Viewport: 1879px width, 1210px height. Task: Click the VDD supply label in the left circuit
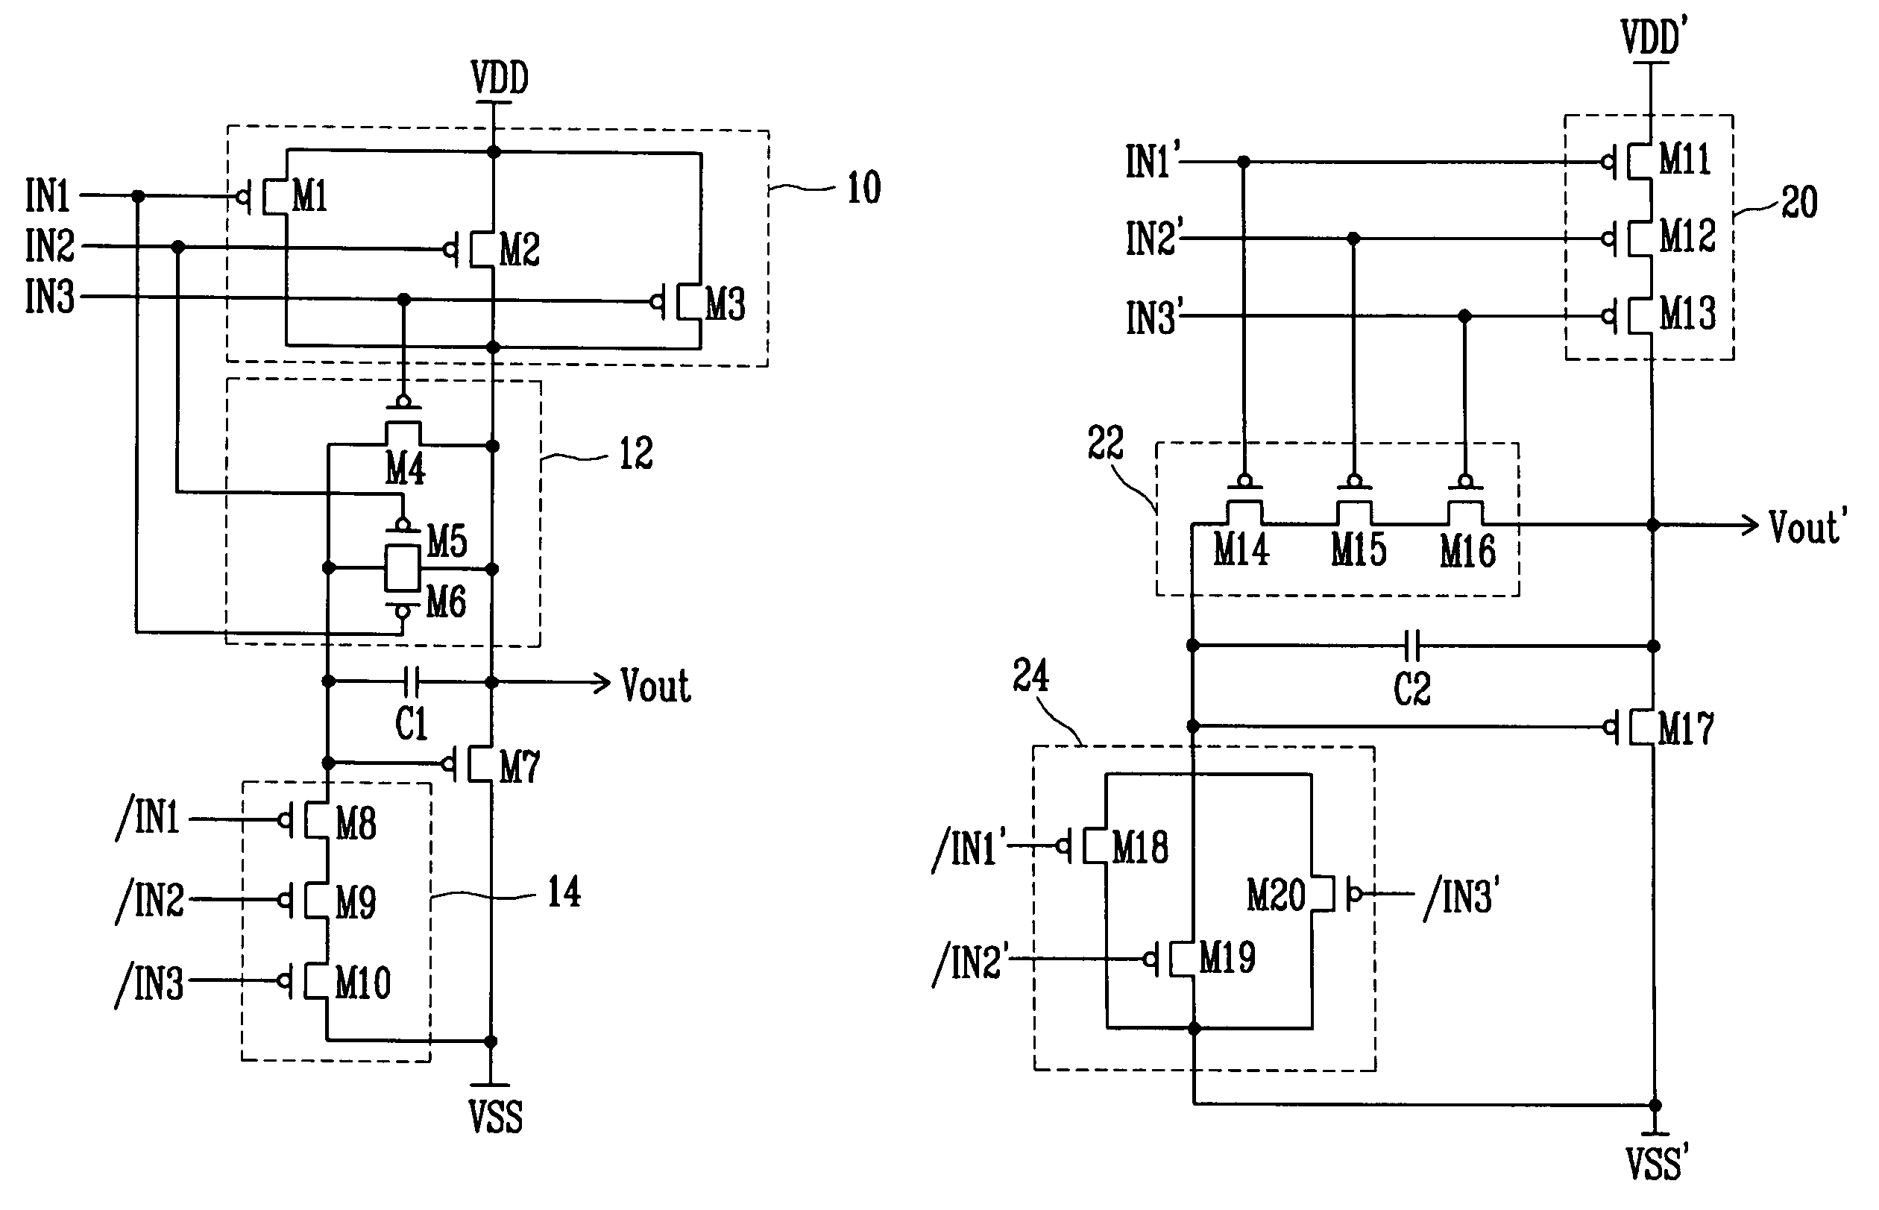(500, 78)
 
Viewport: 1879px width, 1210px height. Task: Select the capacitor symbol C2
(1412, 646)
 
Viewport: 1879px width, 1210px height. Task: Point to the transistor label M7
(520, 766)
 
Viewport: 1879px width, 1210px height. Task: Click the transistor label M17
(1686, 728)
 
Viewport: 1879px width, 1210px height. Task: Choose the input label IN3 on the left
(49, 297)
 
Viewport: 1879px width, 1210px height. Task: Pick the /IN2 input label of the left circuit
(150, 901)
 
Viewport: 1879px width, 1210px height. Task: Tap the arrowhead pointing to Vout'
(1749, 524)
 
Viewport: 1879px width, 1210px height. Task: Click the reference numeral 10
(863, 188)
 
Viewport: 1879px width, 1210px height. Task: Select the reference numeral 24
(1030, 675)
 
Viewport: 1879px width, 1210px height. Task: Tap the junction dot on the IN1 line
(138, 195)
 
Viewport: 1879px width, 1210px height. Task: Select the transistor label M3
(726, 304)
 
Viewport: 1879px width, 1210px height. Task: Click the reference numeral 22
(1106, 442)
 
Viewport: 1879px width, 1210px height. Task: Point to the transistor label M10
(363, 983)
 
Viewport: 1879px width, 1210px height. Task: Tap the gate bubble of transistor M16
(1465, 480)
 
